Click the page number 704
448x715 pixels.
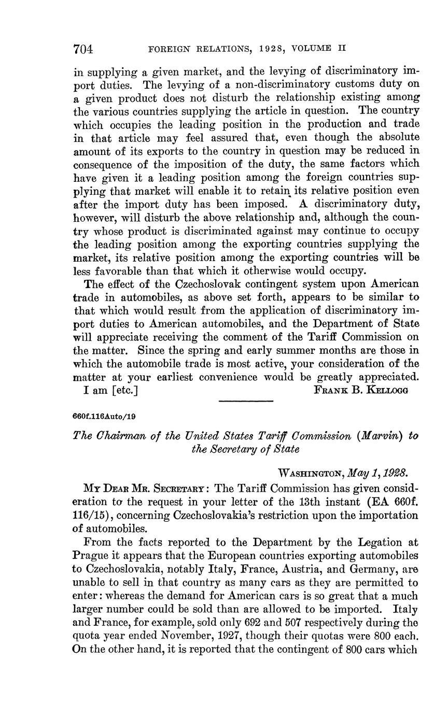[x=83, y=49]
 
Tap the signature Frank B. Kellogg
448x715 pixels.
[x=361, y=391]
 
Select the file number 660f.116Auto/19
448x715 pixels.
[x=105, y=416]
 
